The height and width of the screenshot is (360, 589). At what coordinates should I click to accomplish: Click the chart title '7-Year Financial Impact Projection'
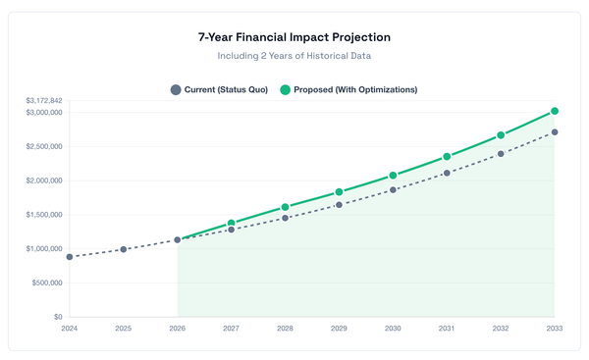coord(294,37)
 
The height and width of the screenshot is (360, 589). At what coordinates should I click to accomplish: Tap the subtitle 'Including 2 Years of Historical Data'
coord(294,57)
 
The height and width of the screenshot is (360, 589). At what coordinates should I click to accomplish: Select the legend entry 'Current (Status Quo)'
coord(219,89)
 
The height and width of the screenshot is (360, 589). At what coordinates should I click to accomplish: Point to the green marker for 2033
coord(555,111)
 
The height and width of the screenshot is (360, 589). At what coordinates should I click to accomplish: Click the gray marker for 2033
coord(555,132)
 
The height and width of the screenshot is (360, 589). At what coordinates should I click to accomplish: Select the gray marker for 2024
coord(70,257)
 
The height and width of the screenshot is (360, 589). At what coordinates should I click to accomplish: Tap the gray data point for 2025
coord(124,249)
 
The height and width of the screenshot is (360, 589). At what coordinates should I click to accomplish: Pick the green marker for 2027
coord(232,224)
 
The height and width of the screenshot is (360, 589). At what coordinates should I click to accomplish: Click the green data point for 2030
coord(393,176)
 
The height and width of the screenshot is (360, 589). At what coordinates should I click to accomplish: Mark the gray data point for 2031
coord(447,173)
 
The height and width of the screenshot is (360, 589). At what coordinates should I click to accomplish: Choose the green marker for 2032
coord(501,135)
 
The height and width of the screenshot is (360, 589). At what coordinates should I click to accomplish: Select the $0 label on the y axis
coord(57,317)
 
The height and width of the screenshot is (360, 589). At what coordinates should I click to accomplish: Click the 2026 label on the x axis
coord(178,330)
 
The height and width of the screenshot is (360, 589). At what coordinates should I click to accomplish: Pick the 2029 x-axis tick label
coord(339,330)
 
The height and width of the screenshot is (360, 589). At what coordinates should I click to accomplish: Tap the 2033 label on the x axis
coord(554,330)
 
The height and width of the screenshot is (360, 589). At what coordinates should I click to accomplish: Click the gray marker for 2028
coord(286,218)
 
